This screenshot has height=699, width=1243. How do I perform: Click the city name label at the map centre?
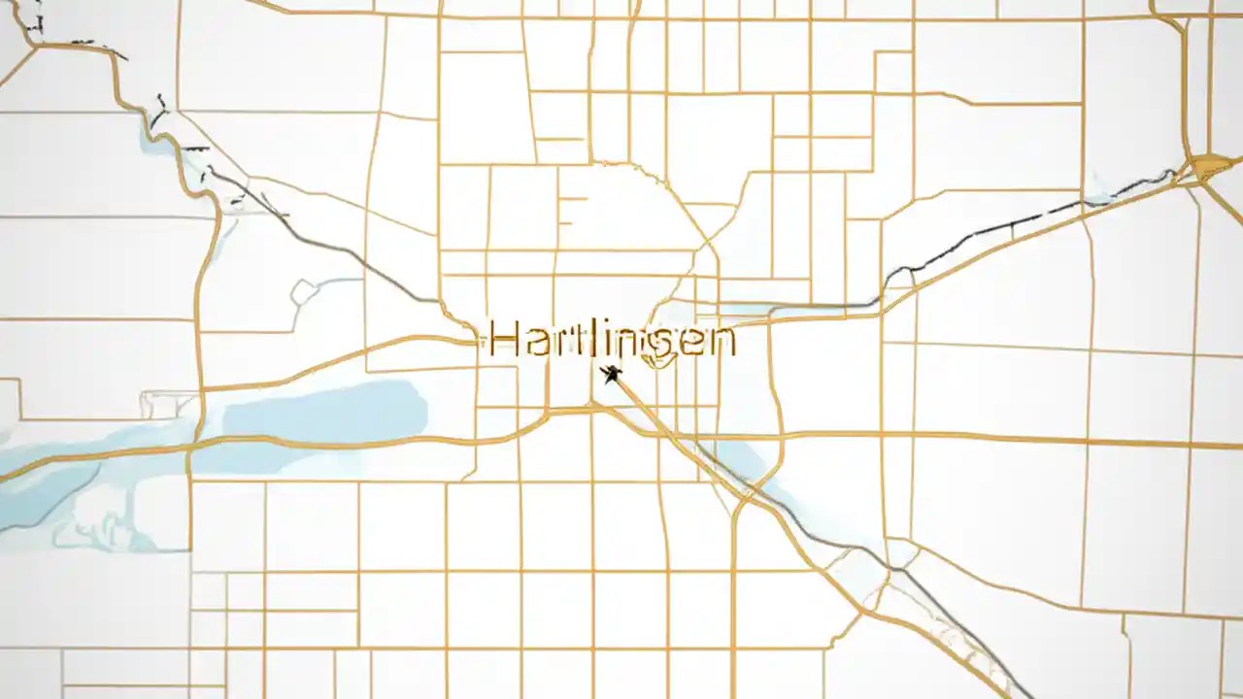click(x=612, y=340)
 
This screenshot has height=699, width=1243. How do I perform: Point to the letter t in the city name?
click(x=567, y=339)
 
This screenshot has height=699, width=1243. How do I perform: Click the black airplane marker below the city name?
click(x=611, y=374)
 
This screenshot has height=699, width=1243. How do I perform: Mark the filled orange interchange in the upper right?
click(x=1210, y=166)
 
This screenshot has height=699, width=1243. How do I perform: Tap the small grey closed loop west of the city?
click(x=303, y=290)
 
